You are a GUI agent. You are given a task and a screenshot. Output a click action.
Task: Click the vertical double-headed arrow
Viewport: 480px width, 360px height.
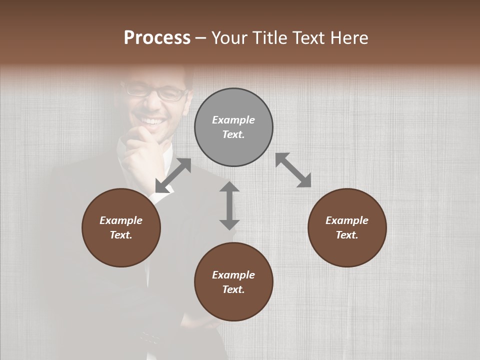click(229, 205)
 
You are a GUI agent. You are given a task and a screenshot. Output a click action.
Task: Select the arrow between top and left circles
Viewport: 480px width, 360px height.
click(173, 175)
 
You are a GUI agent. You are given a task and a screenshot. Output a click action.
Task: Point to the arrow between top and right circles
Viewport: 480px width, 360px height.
click(293, 170)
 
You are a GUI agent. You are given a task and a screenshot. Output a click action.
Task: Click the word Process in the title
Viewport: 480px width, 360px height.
click(157, 38)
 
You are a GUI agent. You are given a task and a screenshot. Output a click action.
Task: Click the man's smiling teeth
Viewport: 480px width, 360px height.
click(152, 121)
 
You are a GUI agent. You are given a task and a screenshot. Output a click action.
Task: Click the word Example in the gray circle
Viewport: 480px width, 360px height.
click(233, 120)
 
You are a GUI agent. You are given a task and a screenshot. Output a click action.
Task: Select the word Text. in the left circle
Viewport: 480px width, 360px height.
click(121, 235)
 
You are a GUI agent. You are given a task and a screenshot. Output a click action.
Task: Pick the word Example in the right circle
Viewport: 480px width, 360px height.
click(347, 220)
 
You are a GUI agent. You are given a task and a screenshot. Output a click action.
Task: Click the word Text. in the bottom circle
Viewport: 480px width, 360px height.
click(233, 289)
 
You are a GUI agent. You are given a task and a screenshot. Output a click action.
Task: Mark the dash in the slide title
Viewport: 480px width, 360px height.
click(201, 38)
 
